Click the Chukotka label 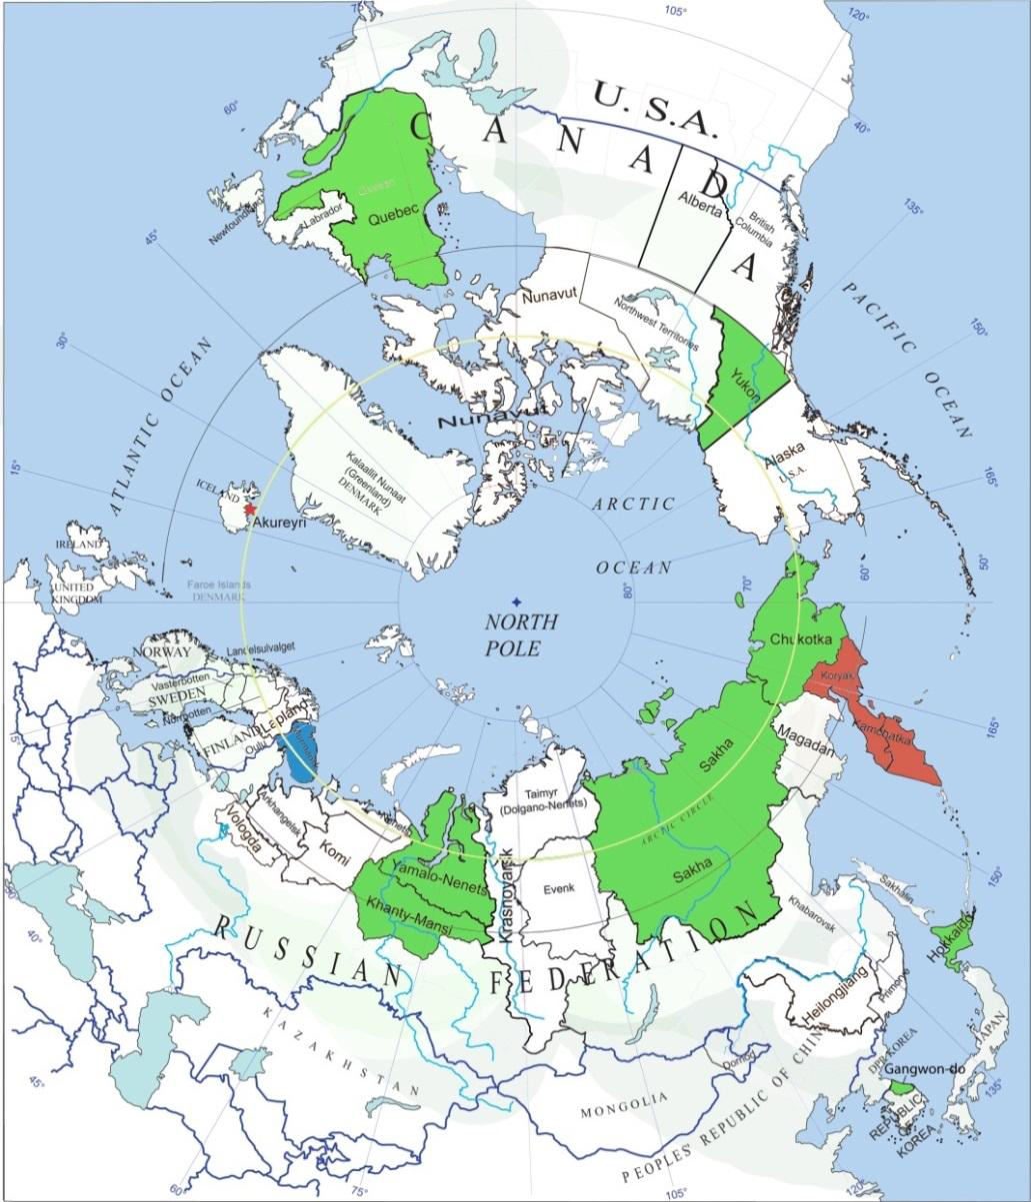tap(797, 639)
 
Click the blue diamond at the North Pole tap(516, 601)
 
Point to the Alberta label tap(698, 199)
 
